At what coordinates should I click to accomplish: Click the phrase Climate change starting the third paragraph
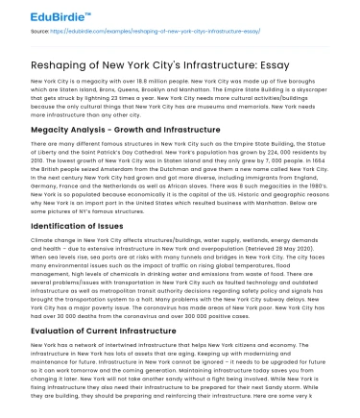(x=55, y=242)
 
